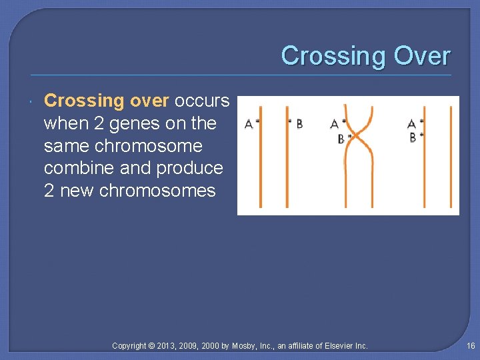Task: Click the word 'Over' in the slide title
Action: click(x=422, y=56)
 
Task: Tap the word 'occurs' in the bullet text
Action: click(x=201, y=101)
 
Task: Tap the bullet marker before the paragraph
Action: click(x=32, y=101)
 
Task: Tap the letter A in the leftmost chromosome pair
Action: click(x=249, y=124)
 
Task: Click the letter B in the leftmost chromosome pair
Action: click(x=299, y=123)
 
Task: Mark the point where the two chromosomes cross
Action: click(x=357, y=136)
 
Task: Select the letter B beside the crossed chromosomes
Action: click(x=341, y=139)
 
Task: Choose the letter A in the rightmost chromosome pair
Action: click(x=411, y=124)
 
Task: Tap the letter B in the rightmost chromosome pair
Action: click(x=413, y=137)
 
